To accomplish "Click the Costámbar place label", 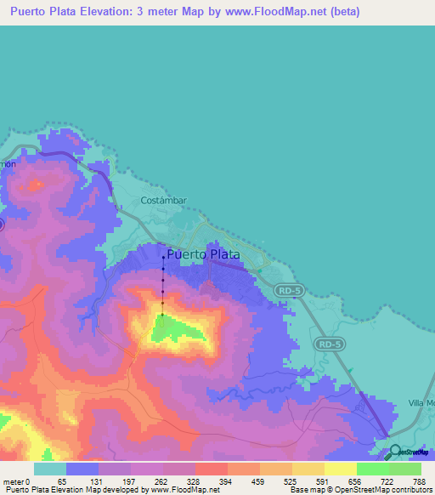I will pyautogui.click(x=163, y=202).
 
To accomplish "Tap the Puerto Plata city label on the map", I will pyautogui.click(x=203, y=254).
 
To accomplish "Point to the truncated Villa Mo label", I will pyautogui.click(x=421, y=402).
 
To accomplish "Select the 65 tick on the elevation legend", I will pyautogui.click(x=62, y=481).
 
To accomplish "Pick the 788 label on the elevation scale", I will pyautogui.click(x=420, y=481).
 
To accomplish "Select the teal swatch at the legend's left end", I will pyautogui.click(x=50, y=469).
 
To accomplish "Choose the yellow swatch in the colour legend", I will pyautogui.click(x=340, y=469).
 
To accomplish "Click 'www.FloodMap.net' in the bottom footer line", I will pyautogui.click(x=180, y=490).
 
